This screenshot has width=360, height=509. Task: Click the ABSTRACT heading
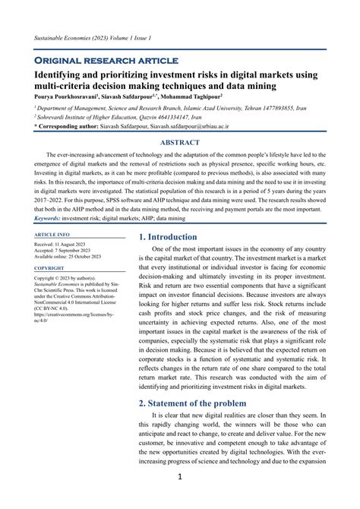tap(179, 142)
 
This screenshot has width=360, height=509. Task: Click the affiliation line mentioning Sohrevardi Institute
tap(108, 118)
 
